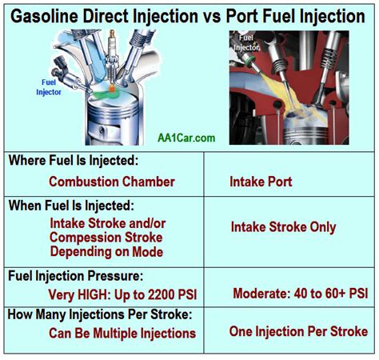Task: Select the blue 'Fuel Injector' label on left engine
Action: pyautogui.click(x=49, y=86)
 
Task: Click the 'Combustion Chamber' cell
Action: pyautogui.click(x=111, y=182)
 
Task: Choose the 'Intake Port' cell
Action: pyautogui.click(x=261, y=182)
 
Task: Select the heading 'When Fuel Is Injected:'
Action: pyautogui.click(x=70, y=206)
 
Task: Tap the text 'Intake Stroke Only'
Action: pyautogui.click(x=283, y=227)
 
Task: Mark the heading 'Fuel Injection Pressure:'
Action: pyautogui.click(x=74, y=274)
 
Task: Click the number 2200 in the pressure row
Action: pyautogui.click(x=154, y=293)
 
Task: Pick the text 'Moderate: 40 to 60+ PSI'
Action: pyautogui.click(x=300, y=294)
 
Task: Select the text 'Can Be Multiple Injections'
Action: pyautogui.click(x=122, y=333)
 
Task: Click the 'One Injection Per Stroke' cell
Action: pyautogui.click(x=298, y=331)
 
